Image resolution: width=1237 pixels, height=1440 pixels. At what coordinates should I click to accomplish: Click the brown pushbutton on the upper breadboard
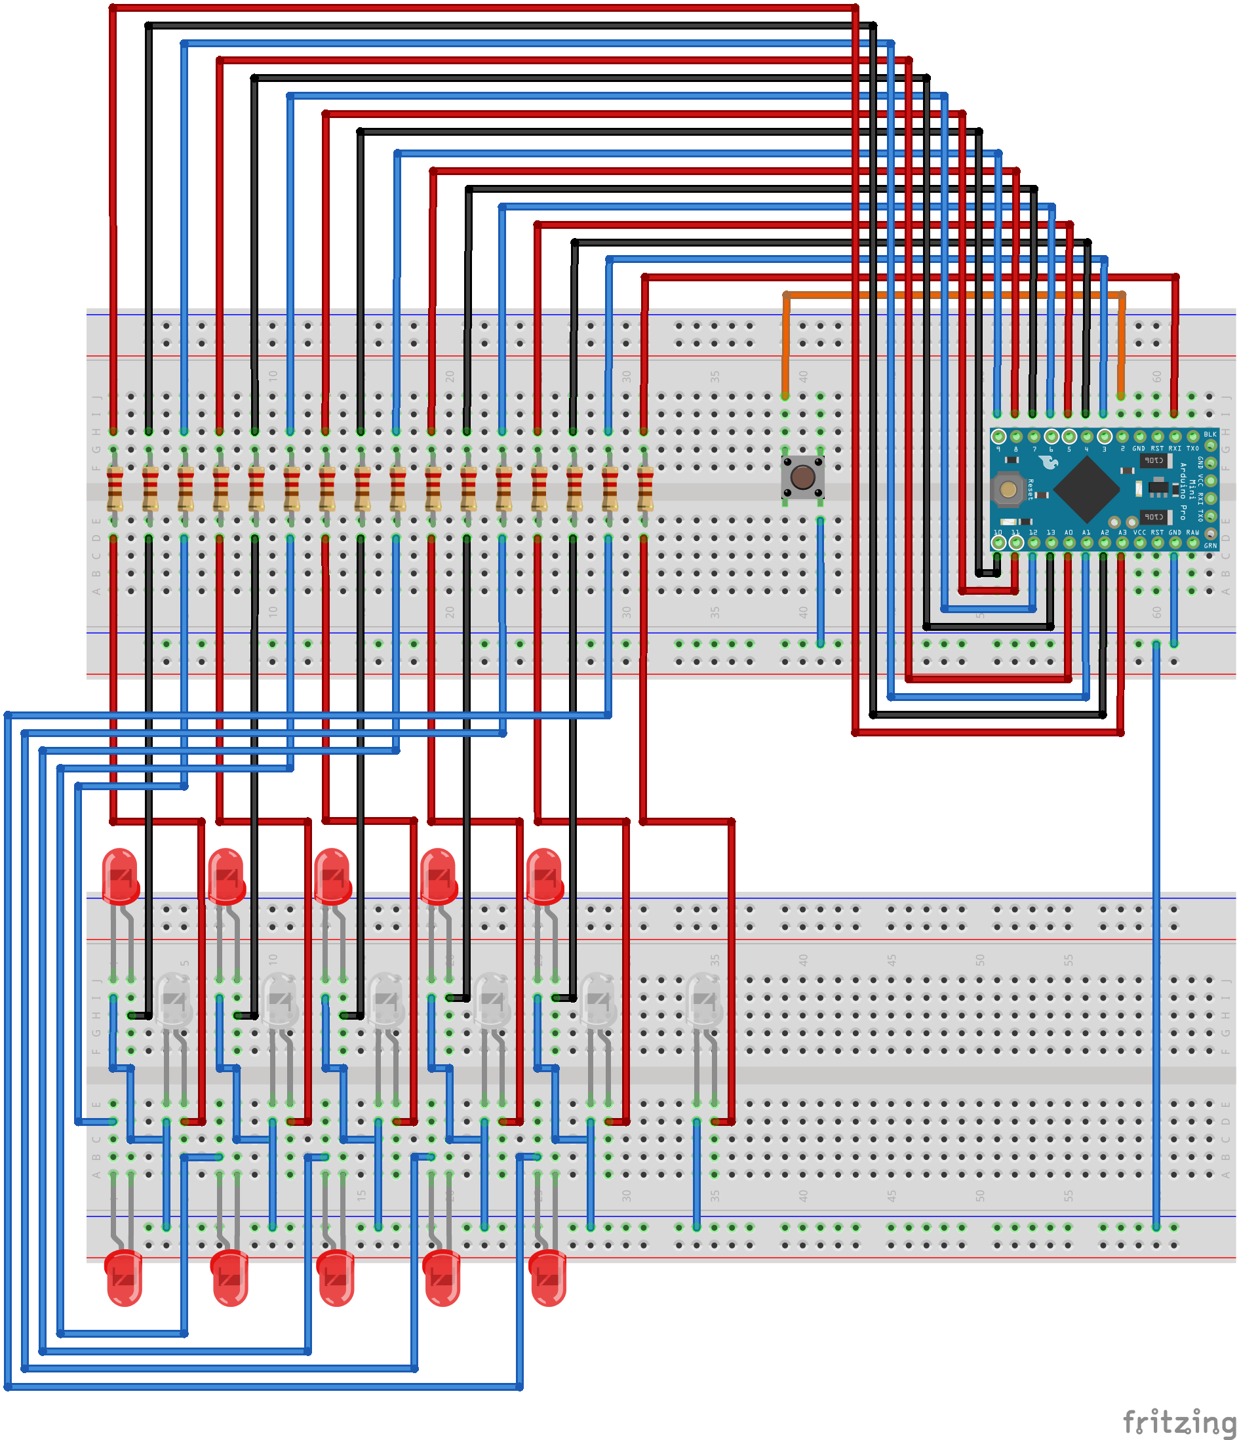[802, 477]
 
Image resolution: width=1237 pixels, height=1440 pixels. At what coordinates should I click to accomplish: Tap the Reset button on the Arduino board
[1008, 489]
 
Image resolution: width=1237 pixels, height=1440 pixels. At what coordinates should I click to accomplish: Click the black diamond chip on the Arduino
[1086, 489]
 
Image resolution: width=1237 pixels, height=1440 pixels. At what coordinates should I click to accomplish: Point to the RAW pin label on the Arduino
[1192, 532]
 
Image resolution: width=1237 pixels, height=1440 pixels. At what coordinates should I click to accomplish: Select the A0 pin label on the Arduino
[1069, 532]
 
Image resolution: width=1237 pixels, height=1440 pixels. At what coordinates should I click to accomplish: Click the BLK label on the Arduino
[1210, 434]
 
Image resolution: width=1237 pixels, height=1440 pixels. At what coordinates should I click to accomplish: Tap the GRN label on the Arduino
[1210, 546]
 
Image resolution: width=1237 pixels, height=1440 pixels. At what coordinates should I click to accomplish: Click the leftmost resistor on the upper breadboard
[115, 489]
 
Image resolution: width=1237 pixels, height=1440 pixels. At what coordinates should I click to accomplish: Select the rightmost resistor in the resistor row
[645, 489]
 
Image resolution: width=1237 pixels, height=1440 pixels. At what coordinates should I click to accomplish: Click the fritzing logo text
[1179, 1420]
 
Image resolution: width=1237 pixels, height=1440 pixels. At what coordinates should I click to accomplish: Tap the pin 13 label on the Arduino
[1051, 532]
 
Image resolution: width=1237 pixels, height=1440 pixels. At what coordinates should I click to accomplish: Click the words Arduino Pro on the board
[1183, 491]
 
